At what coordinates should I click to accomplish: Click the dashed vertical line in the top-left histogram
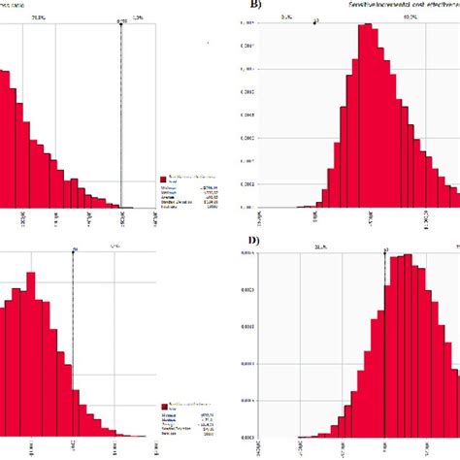121,116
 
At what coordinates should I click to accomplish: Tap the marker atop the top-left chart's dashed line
121,17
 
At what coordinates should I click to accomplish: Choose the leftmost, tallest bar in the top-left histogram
5,136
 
